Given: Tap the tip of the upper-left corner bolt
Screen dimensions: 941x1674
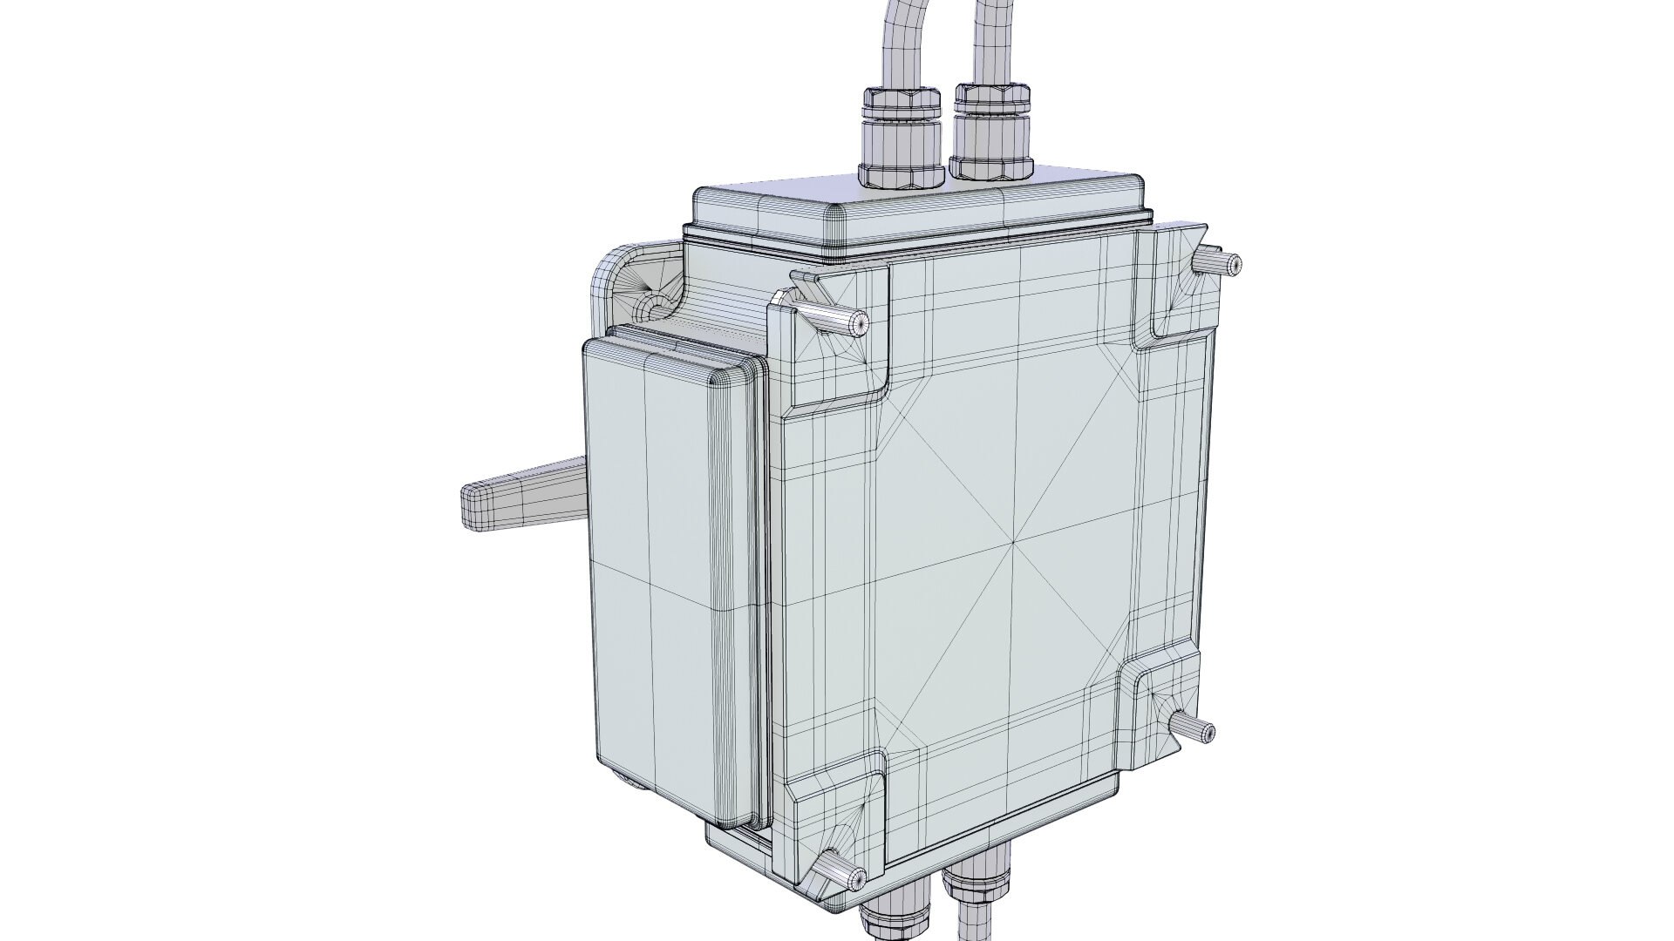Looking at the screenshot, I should [859, 324].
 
